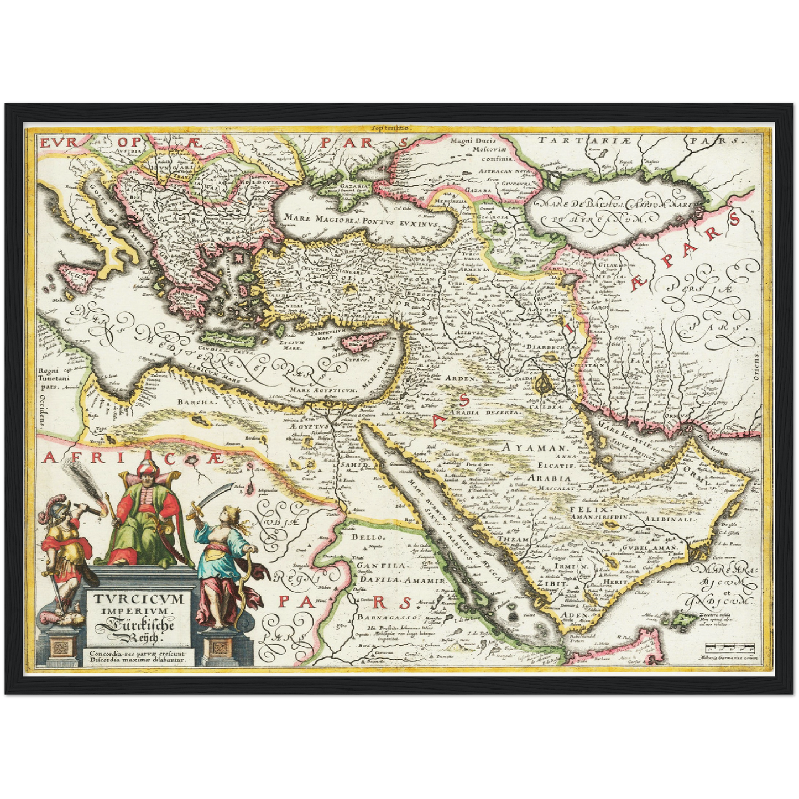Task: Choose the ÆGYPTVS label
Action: click(308, 426)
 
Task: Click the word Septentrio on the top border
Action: click(390, 128)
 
